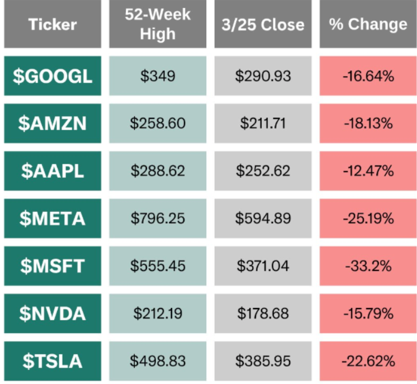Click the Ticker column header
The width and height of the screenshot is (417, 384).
point(53,25)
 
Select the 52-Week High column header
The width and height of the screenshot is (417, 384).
point(158,25)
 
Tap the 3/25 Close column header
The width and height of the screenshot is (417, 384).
point(263,25)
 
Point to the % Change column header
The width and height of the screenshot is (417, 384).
point(368,25)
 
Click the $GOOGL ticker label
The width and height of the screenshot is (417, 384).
point(53,76)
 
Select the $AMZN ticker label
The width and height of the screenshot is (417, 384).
point(53,124)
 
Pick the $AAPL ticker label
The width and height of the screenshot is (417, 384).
point(53,171)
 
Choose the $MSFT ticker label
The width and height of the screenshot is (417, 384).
point(53,266)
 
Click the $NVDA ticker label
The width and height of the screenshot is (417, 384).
point(53,314)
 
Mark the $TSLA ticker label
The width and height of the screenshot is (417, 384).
point(53,361)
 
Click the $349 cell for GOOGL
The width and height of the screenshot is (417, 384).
point(158,76)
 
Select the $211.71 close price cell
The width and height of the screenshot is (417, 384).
point(263,124)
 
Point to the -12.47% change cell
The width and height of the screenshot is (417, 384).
point(368,171)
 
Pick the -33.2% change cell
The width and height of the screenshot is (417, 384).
point(368,266)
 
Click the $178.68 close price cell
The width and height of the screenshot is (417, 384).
point(263,314)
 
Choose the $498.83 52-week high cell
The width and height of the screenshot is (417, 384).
point(158,361)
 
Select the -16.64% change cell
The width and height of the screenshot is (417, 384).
point(368,76)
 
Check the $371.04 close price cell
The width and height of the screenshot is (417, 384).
point(263,266)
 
